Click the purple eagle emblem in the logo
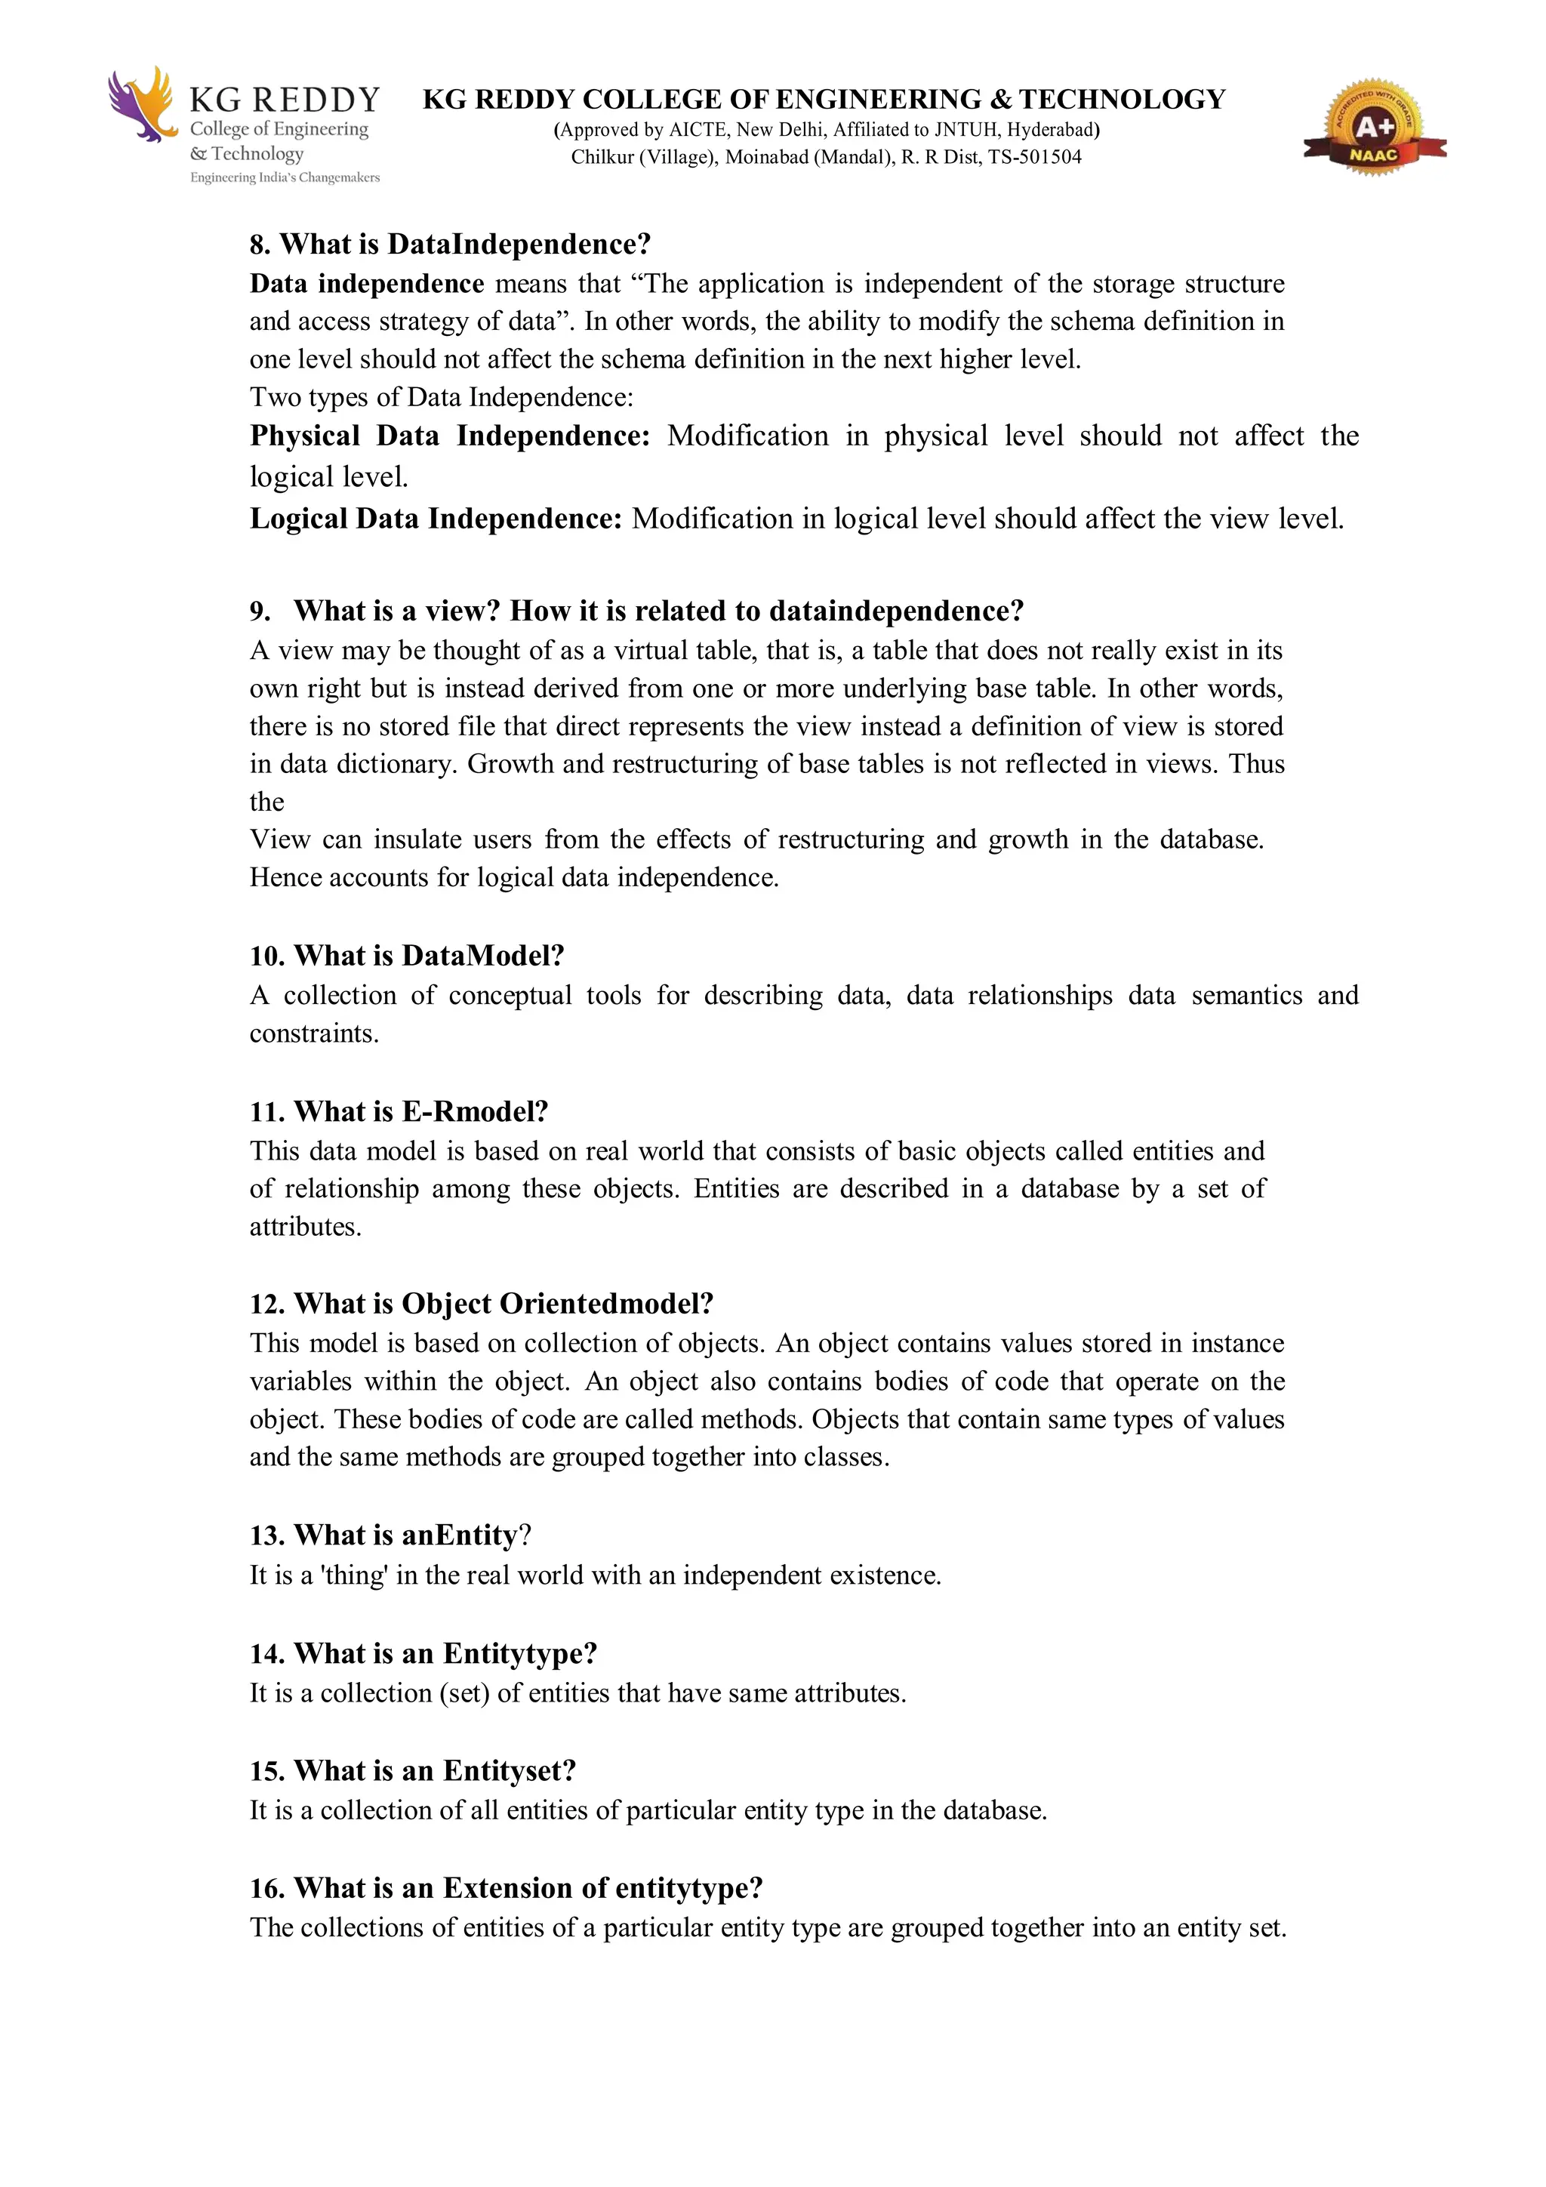pyautogui.click(x=141, y=104)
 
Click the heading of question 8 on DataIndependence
pyautogui.click(x=450, y=245)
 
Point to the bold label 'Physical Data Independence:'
pyautogui.click(x=450, y=436)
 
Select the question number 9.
pyautogui.click(x=260, y=611)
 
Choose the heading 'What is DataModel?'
pyautogui.click(x=429, y=956)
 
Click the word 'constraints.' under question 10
pyautogui.click(x=314, y=1034)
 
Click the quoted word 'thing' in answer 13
pyautogui.click(x=353, y=1576)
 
